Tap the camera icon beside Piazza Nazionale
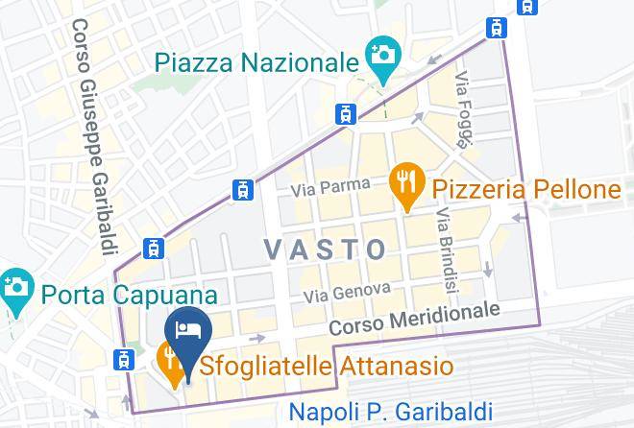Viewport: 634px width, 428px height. click(382, 54)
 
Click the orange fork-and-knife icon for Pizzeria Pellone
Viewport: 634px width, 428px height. click(407, 182)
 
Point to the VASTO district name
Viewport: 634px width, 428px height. click(326, 250)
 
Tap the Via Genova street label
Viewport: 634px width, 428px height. click(348, 289)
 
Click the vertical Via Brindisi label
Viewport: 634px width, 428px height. click(446, 250)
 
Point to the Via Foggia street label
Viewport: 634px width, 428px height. click(465, 109)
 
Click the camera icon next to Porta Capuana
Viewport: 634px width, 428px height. click(15, 286)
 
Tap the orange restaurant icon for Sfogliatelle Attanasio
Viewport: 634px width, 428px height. click(169, 362)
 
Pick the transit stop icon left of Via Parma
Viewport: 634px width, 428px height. click(243, 190)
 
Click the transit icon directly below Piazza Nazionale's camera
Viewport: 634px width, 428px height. click(346, 114)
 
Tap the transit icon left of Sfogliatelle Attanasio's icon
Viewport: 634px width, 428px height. click(123, 360)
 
